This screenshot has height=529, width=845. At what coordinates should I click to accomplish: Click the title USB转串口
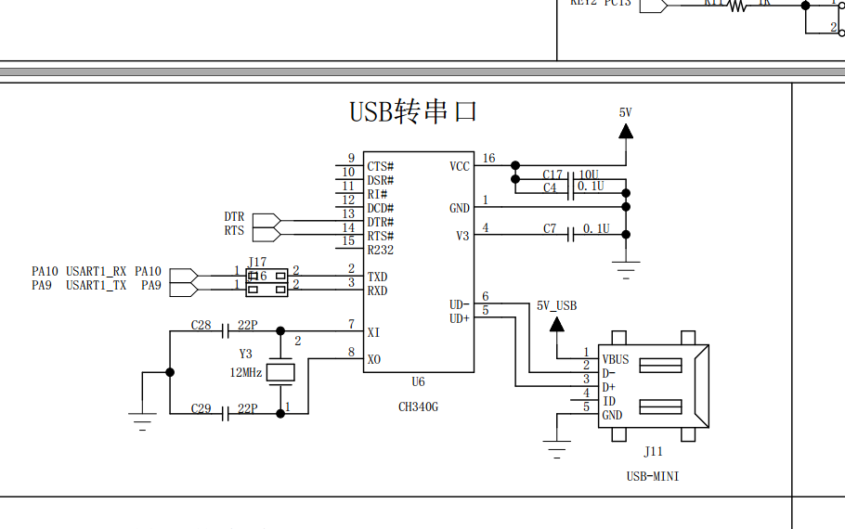tap(413, 111)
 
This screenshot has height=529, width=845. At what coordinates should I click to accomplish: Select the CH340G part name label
tap(418, 406)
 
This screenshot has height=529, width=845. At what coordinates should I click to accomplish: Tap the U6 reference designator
tap(418, 382)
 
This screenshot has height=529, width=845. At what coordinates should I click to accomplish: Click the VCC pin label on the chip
tap(460, 166)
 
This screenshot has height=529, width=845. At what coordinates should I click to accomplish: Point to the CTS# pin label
tap(380, 166)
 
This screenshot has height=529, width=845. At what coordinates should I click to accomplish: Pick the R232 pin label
tap(380, 251)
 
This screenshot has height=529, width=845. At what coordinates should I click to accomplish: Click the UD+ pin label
tap(460, 318)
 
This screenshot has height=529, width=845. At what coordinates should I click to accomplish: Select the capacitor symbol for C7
tap(571, 235)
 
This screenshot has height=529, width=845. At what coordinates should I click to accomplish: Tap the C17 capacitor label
tap(552, 174)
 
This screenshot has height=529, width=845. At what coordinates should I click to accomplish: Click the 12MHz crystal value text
tap(246, 372)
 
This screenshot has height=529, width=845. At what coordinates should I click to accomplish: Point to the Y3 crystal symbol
tap(279, 373)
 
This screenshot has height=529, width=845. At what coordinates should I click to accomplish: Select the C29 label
tap(201, 408)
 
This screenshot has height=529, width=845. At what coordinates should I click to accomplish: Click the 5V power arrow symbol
tap(626, 132)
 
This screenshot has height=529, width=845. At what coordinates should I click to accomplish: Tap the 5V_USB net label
tap(556, 305)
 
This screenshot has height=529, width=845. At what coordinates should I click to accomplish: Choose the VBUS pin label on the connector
tap(615, 359)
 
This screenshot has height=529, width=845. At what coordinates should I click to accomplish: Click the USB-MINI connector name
tap(653, 476)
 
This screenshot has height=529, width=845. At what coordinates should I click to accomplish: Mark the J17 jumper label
tap(257, 263)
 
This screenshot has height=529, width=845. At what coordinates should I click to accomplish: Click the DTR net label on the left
tap(234, 217)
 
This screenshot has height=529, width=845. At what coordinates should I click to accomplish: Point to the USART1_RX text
tap(96, 271)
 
